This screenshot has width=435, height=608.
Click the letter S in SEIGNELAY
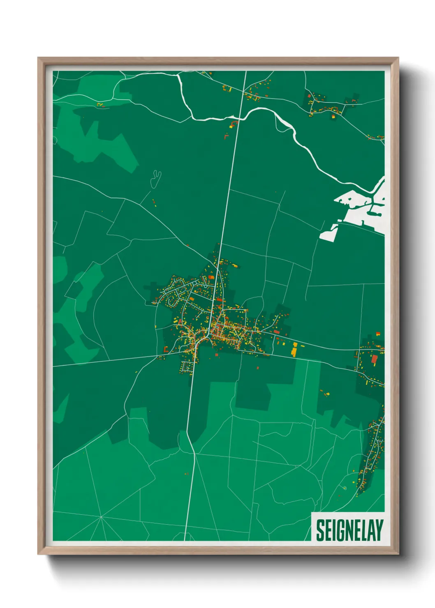320,530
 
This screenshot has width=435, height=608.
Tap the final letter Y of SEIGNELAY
379,530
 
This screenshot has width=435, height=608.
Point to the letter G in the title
336,530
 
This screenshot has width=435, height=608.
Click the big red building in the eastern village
374,359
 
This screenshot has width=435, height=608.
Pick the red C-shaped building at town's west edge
166,349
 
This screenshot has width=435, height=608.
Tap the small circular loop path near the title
345,488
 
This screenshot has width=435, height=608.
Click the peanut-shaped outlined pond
156,179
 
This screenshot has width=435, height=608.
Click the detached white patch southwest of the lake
329,234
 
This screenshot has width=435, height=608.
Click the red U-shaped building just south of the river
234,123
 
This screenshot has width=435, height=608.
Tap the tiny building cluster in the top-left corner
100,105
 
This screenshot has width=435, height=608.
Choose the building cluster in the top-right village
325,105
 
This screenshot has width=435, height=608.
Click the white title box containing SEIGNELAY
348,527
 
